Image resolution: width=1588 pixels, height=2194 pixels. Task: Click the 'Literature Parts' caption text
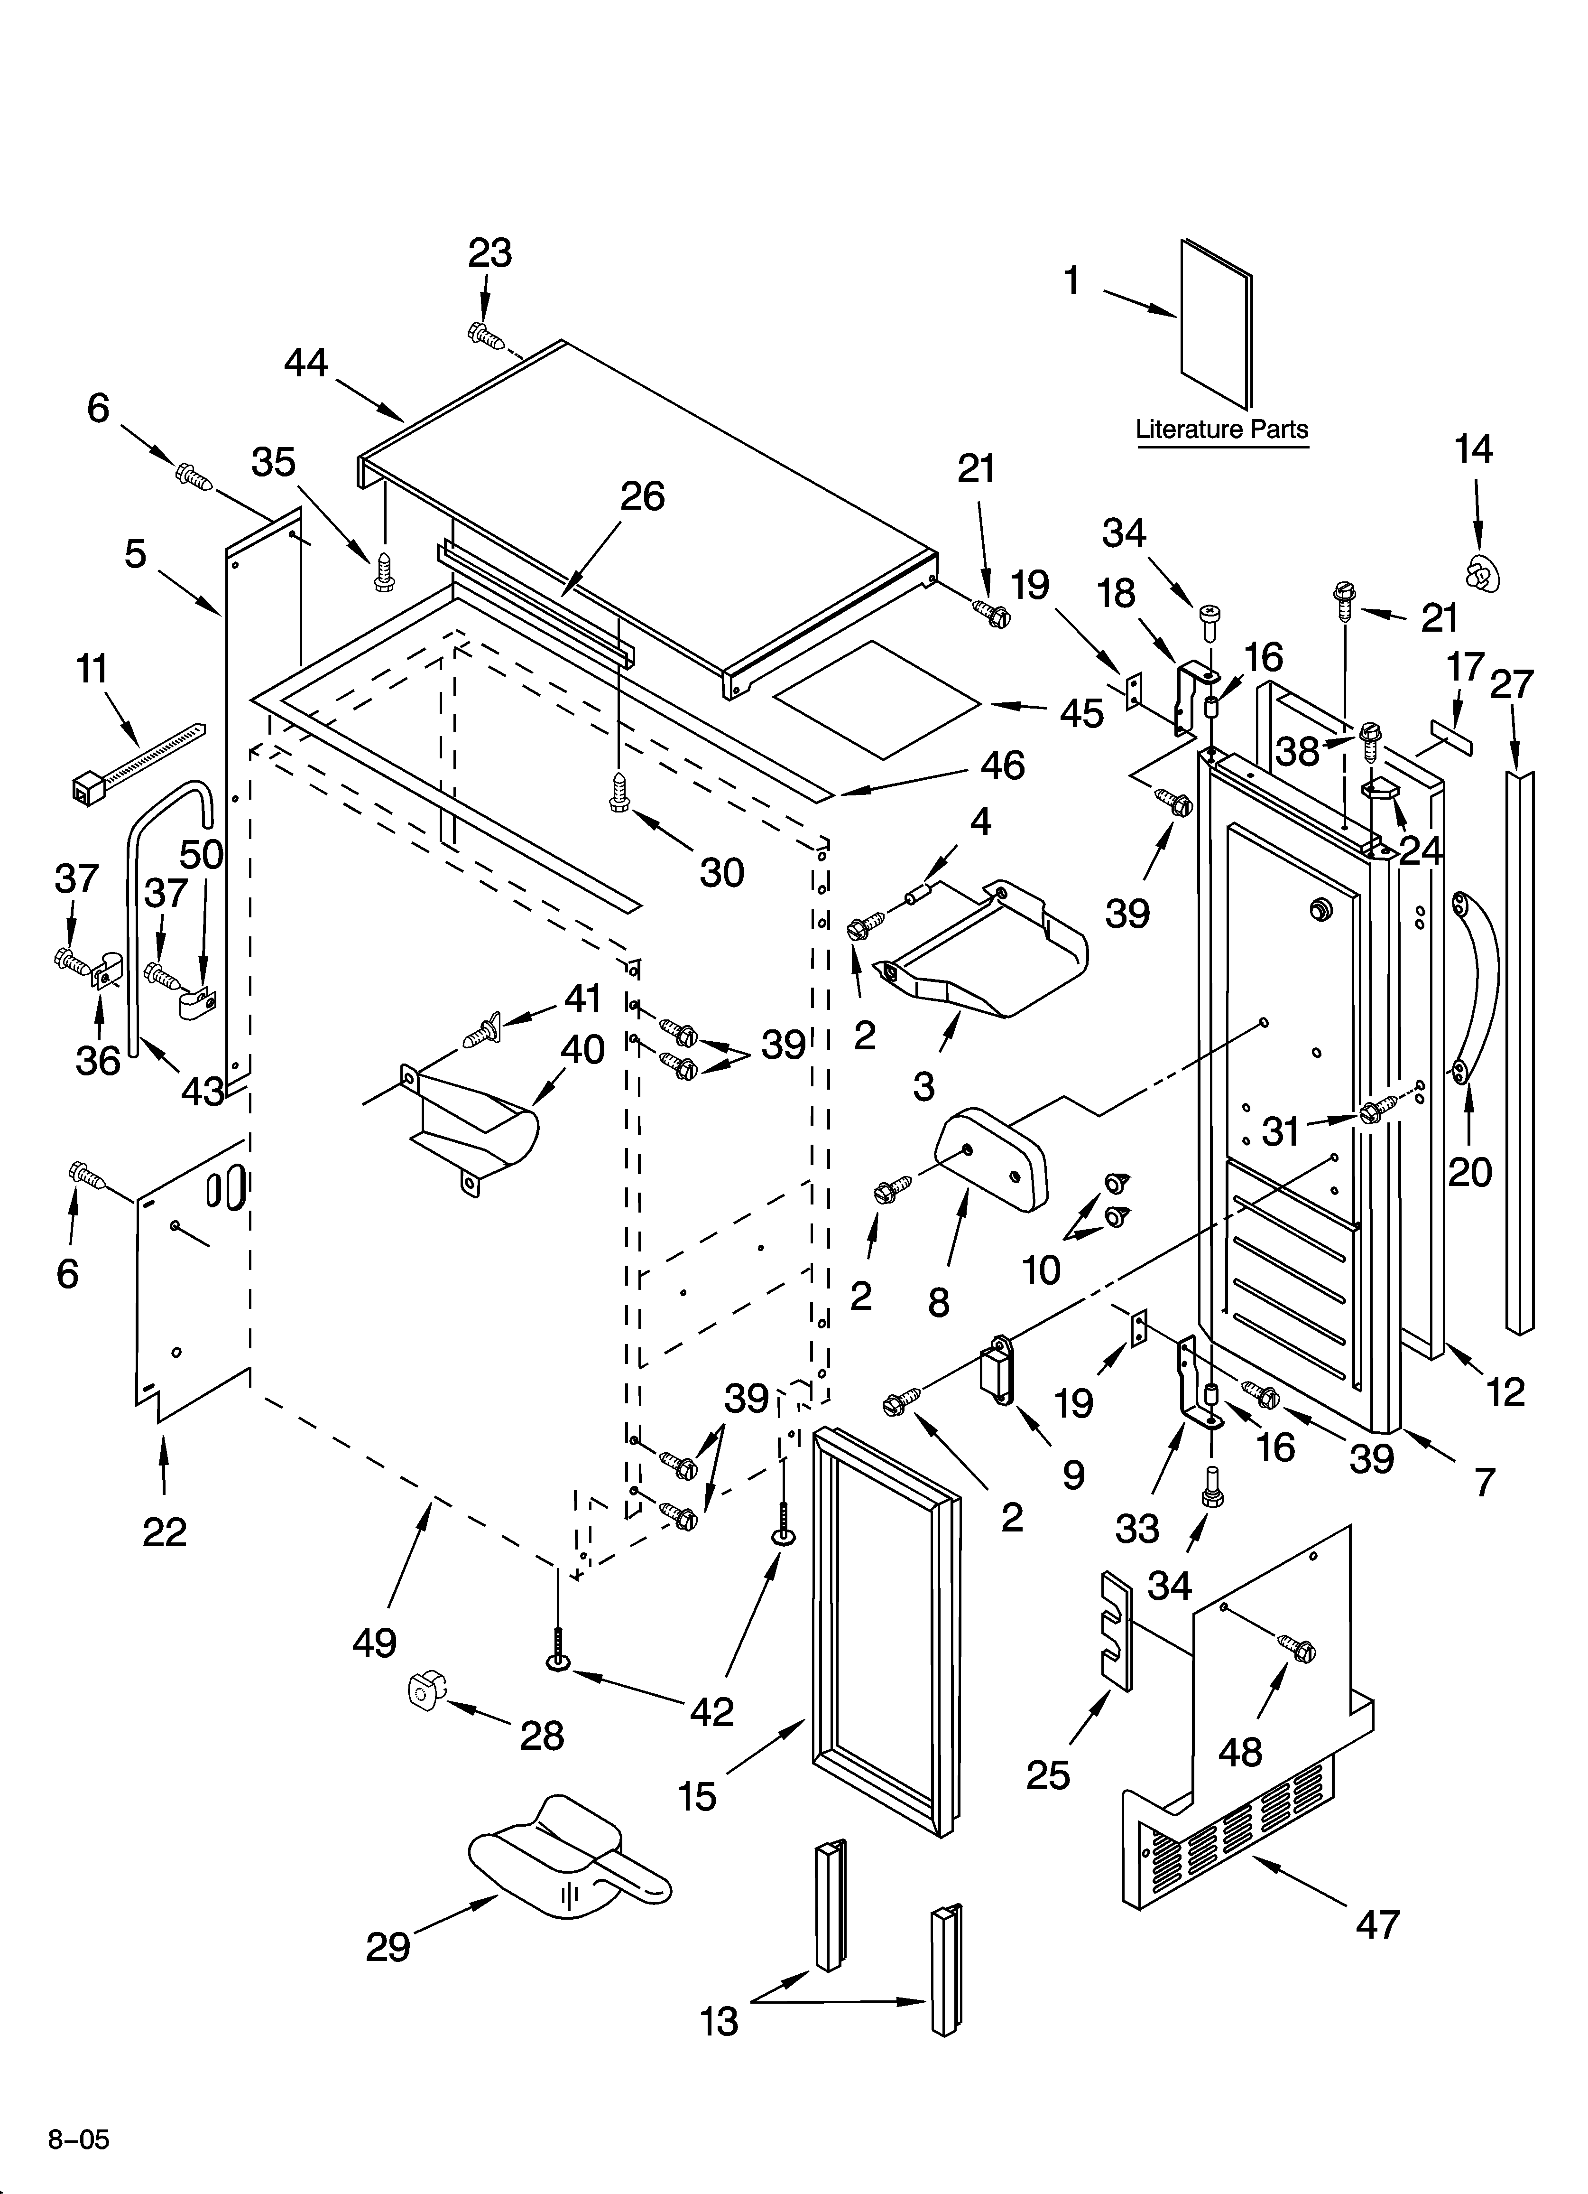pyautogui.click(x=1221, y=429)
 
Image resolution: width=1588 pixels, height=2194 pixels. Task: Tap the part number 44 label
pyautogui.click(x=305, y=364)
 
